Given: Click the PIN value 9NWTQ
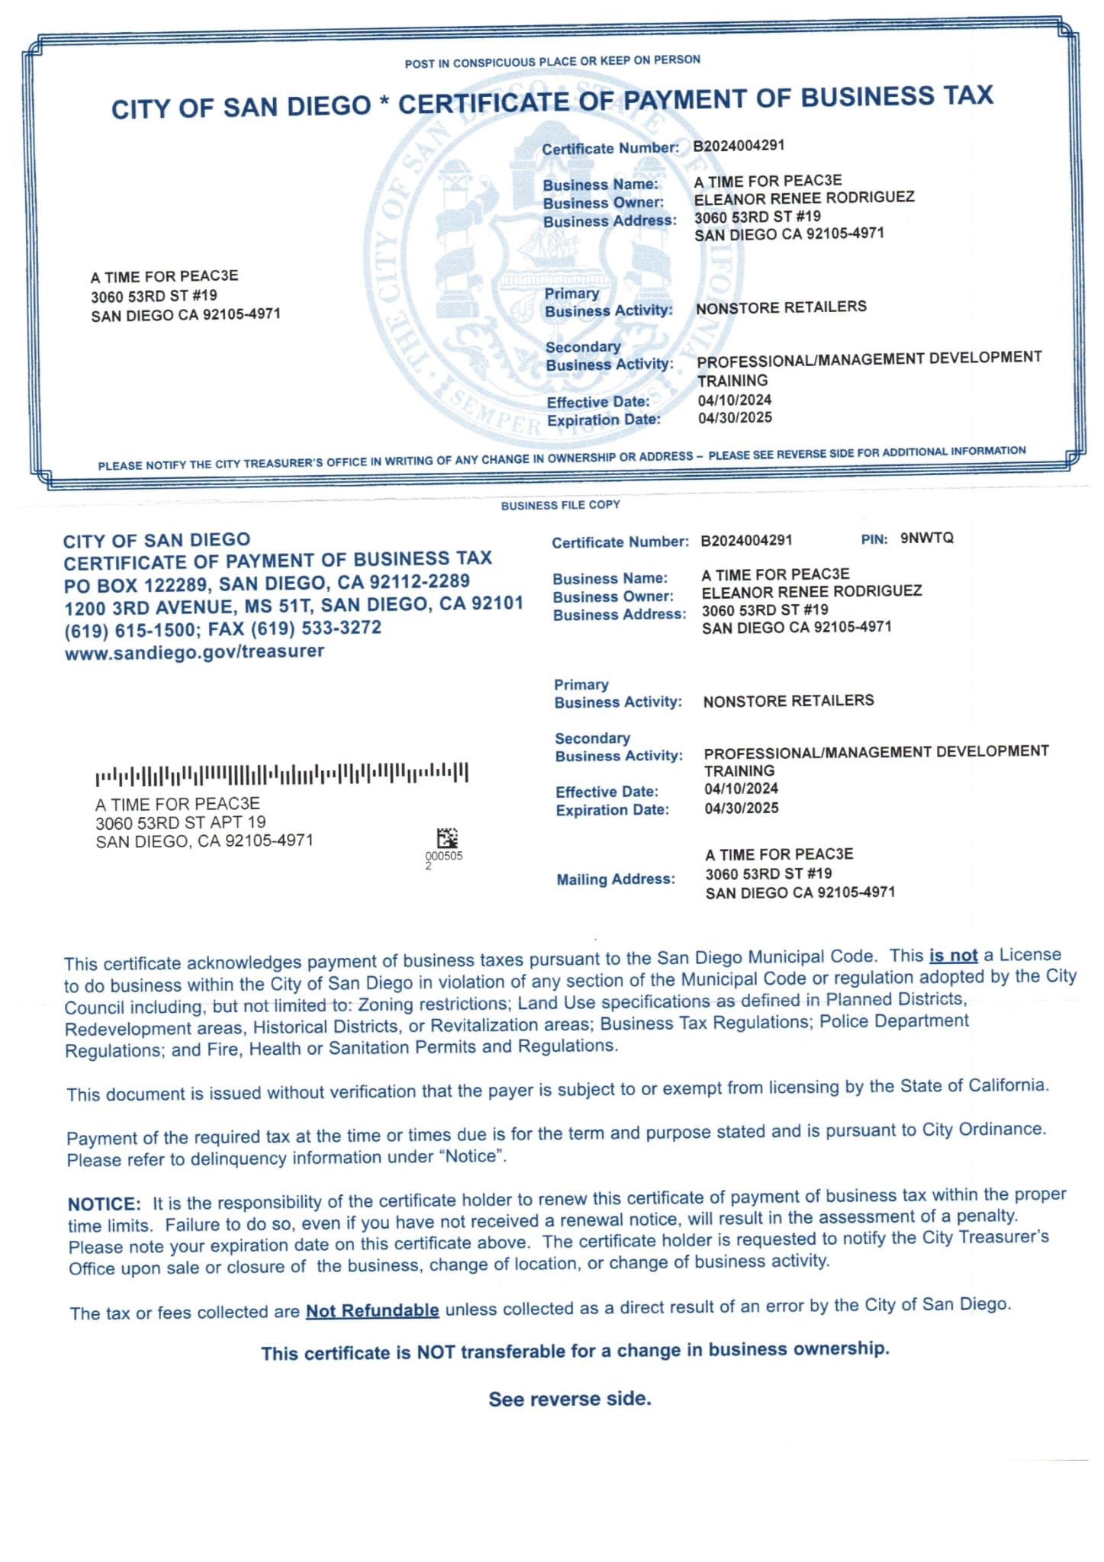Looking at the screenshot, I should click(926, 538).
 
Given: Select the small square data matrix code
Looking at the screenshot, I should click(447, 838).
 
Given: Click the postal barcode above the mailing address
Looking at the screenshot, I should click(282, 774).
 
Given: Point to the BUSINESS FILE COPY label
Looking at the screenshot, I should click(560, 505).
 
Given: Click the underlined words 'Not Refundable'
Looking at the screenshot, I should click(372, 1311).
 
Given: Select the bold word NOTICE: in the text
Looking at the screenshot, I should click(105, 1204).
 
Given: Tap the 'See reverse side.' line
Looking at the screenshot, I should click(570, 1399).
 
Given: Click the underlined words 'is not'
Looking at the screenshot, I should click(953, 956).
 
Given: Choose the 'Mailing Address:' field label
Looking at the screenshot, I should click(616, 879).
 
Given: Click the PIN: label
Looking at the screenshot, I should click(874, 539).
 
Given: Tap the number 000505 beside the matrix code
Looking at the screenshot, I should click(444, 856).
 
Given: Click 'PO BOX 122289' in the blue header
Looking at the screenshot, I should click(139, 585).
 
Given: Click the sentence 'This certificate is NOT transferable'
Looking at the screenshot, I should click(575, 1351).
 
